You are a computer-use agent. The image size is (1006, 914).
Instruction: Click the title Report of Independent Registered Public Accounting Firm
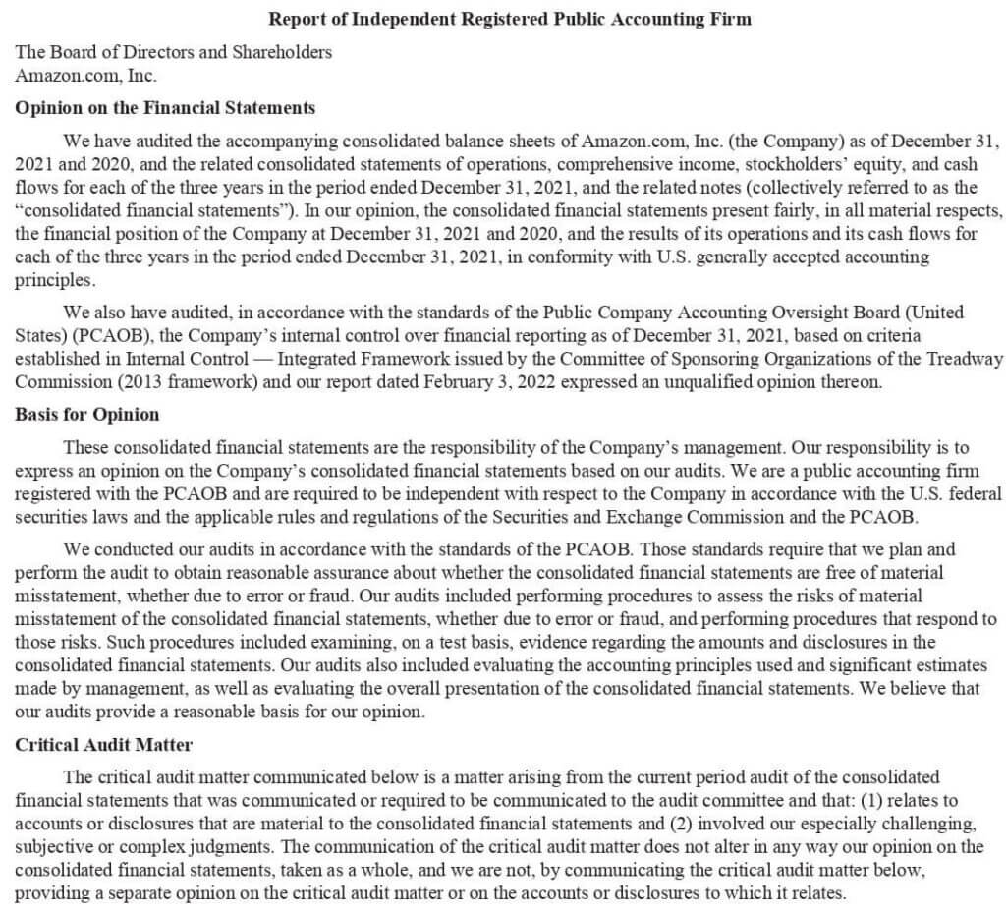click(510, 19)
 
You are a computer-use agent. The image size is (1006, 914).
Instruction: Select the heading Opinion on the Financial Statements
click(165, 108)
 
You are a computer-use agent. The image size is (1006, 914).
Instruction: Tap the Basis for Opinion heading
click(87, 414)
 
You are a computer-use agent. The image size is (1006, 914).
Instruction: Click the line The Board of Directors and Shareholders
click(174, 52)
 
